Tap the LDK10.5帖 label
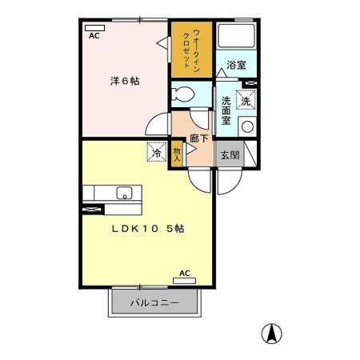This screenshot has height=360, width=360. click(148, 228)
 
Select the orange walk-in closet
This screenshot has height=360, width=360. click(192, 49)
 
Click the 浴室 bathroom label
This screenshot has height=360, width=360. click(236, 65)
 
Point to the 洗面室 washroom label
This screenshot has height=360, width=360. click(226, 110)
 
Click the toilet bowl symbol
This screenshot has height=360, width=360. click(183, 94)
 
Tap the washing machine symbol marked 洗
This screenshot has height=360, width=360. click(246, 101)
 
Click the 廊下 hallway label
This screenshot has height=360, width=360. click(200, 137)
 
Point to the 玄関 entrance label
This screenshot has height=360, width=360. click(230, 154)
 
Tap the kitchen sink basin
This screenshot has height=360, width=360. click(124, 193)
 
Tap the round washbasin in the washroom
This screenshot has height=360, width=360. click(247, 126)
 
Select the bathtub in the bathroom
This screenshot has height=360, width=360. click(236, 37)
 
